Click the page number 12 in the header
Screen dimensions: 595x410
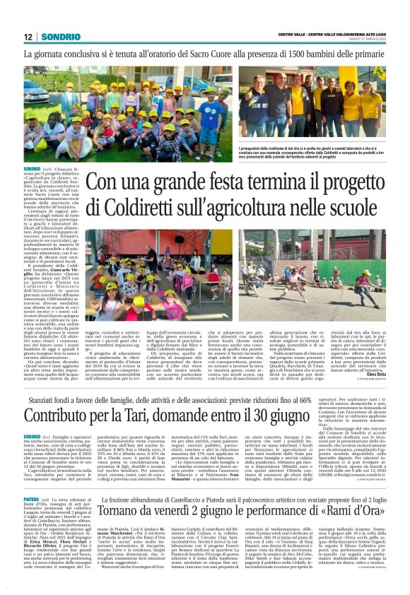[28, 36]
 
